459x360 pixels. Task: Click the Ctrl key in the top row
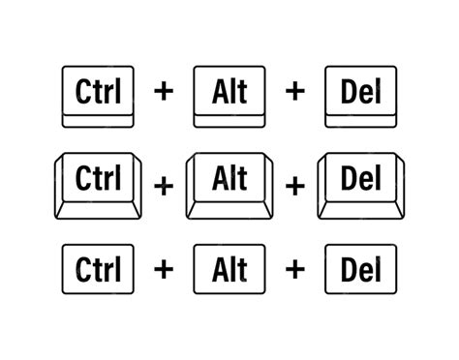[x=97, y=94]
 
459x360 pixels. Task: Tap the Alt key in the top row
[x=228, y=94]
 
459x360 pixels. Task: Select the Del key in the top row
[x=359, y=94]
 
